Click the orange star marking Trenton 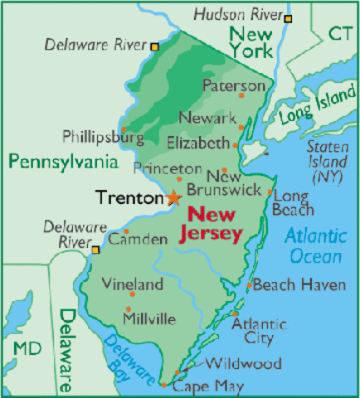(173, 197)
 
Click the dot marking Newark (241, 128)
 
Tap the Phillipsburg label (96, 136)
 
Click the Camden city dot (126, 231)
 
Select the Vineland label (132, 284)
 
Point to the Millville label (149, 318)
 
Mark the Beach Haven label (287, 285)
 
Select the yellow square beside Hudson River (288, 18)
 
